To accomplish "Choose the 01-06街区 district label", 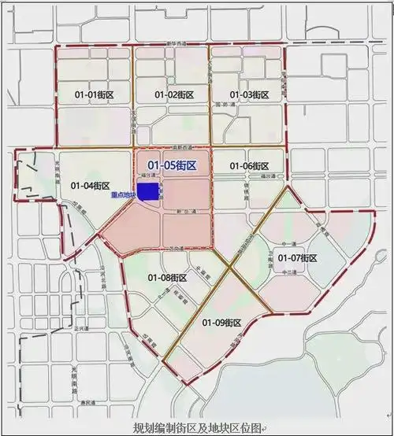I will click(x=249, y=166).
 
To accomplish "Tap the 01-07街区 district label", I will click(x=297, y=258).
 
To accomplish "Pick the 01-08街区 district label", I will click(x=167, y=278).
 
